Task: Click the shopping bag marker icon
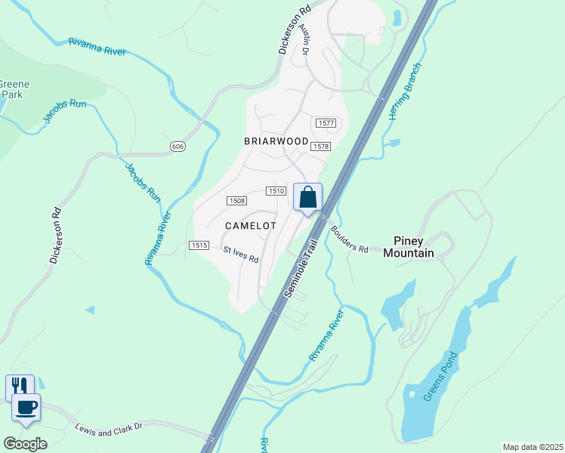point(307,198)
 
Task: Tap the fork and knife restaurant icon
point(20,387)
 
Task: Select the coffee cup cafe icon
point(27,408)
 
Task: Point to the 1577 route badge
point(326,123)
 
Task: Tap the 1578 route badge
point(320,146)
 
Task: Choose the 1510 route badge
point(276,192)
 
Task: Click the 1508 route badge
point(237,200)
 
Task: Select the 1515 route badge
point(199,245)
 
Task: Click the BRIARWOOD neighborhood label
point(276,141)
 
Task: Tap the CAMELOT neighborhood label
point(251,226)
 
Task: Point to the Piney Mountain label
point(409,247)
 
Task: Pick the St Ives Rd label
point(241,254)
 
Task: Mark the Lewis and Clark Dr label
point(109,429)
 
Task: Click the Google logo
point(25,443)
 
